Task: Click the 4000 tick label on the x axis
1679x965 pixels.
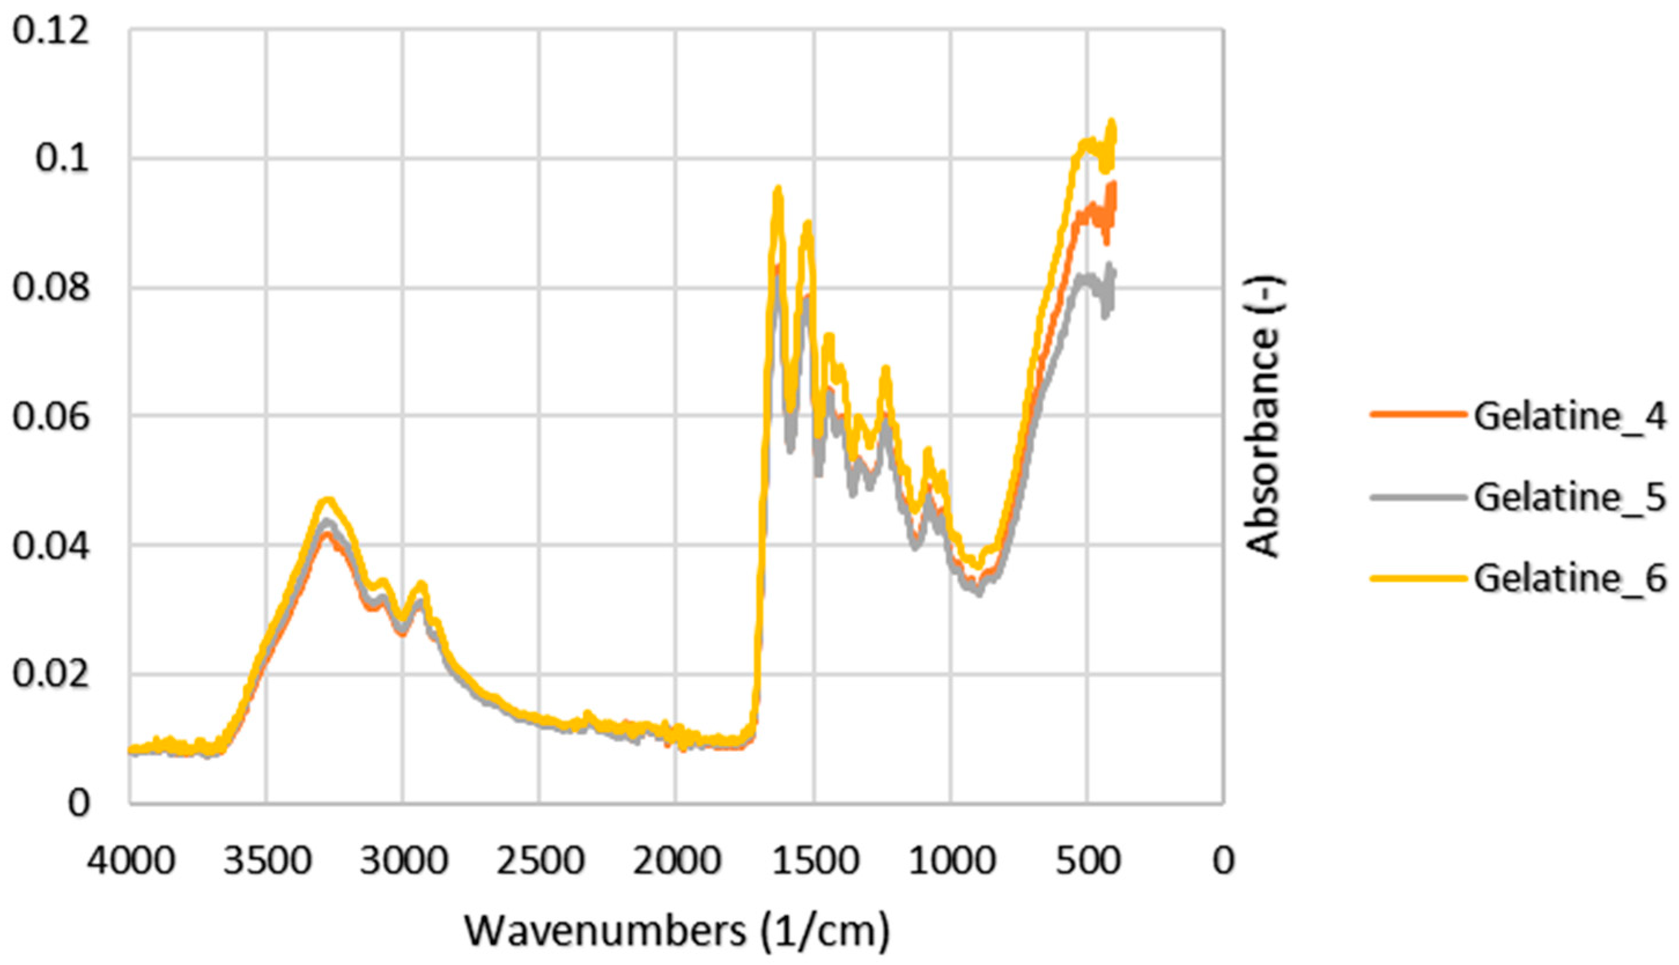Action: pos(131,862)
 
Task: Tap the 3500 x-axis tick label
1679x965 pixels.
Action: pos(267,862)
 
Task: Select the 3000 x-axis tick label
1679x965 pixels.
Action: pos(404,862)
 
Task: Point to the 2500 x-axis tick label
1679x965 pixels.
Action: pos(540,862)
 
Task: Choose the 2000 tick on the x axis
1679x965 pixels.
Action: pos(676,862)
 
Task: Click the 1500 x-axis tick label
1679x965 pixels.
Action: pos(813,862)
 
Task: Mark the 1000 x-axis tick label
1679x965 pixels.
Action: pos(950,862)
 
